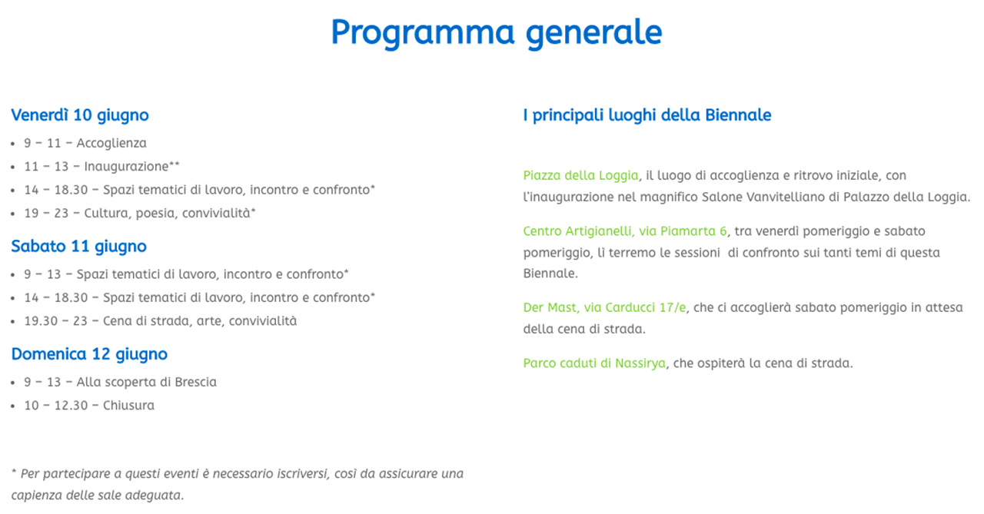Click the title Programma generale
click(x=497, y=33)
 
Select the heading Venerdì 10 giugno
click(x=80, y=115)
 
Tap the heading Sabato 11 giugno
click(x=78, y=247)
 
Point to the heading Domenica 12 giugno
click(x=89, y=354)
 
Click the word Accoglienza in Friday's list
click(x=111, y=143)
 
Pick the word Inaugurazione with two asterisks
click(x=131, y=167)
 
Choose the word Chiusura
click(x=128, y=405)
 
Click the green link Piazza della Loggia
click(x=580, y=176)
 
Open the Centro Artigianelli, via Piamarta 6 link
click(x=625, y=231)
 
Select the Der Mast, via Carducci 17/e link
click(x=604, y=307)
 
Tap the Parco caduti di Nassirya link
click(x=594, y=363)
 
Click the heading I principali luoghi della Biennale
click(x=647, y=115)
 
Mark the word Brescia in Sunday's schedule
click(x=195, y=382)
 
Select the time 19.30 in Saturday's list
click(x=42, y=321)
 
